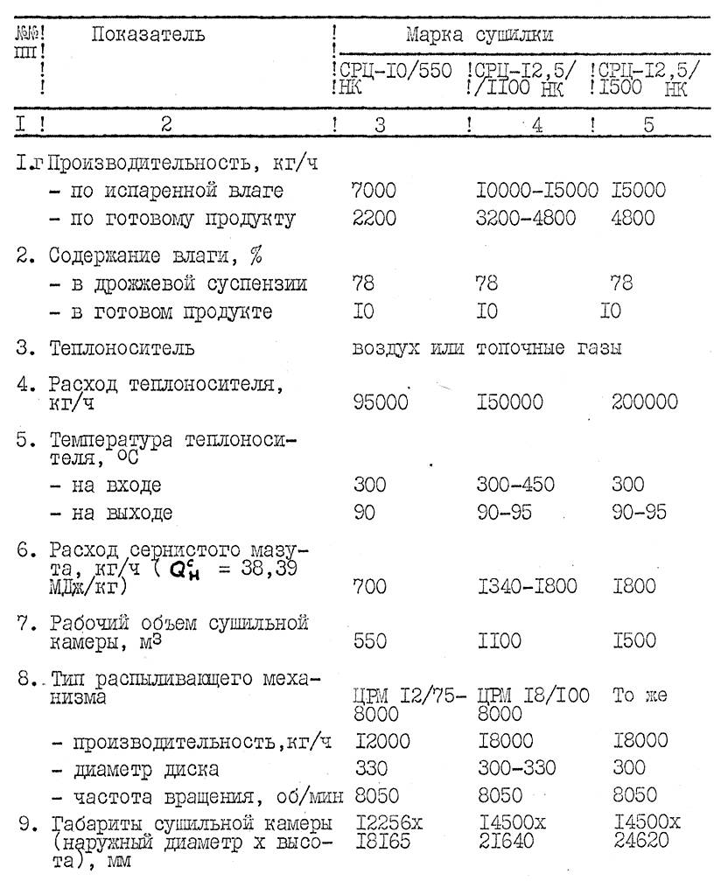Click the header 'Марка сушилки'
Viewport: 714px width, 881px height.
point(479,37)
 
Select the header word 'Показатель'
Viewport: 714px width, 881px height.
point(149,35)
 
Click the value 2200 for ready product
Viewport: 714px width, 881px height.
point(374,219)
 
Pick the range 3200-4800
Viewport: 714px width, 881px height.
point(526,219)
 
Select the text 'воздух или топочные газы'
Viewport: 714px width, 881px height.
point(486,348)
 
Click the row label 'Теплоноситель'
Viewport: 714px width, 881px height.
point(122,348)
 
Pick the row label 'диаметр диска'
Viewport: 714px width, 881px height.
point(146,770)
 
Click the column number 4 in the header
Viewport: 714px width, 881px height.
point(536,124)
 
